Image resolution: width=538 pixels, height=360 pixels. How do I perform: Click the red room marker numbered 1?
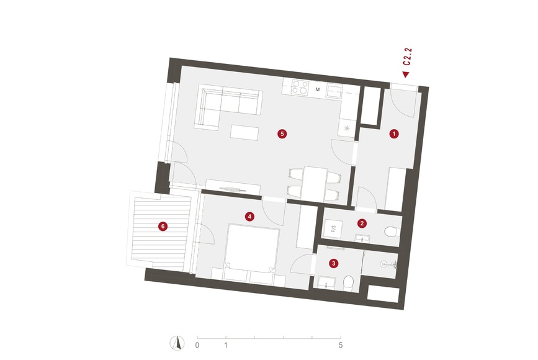point(394,133)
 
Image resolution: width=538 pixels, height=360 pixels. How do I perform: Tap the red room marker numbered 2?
point(362,223)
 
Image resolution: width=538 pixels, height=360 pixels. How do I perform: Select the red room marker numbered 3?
point(333,263)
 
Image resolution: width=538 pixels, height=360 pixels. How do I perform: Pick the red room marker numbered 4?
point(249,217)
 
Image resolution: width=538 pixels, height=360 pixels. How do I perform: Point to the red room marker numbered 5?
point(282,133)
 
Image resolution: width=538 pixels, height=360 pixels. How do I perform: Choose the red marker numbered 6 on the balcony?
point(163,226)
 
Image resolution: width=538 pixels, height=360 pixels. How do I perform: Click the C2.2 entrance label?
point(407,57)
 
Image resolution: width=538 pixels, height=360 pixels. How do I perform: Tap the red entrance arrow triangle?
point(406,74)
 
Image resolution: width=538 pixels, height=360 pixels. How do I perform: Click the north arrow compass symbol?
point(177,343)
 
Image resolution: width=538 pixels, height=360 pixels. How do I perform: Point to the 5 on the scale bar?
point(341,345)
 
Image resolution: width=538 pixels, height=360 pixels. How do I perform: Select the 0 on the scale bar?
point(197,345)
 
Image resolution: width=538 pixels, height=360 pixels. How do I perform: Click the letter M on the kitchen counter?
point(318,89)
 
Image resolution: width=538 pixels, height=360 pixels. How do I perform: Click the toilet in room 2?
point(391,232)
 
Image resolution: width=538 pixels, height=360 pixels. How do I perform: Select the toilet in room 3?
point(348,282)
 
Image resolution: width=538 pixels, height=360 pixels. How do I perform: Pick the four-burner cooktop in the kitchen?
point(300,88)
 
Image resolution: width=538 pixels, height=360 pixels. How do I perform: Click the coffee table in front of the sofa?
point(244,132)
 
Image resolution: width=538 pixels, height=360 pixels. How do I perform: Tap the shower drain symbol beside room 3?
point(383,264)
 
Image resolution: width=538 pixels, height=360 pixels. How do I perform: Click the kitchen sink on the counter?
point(334,91)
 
